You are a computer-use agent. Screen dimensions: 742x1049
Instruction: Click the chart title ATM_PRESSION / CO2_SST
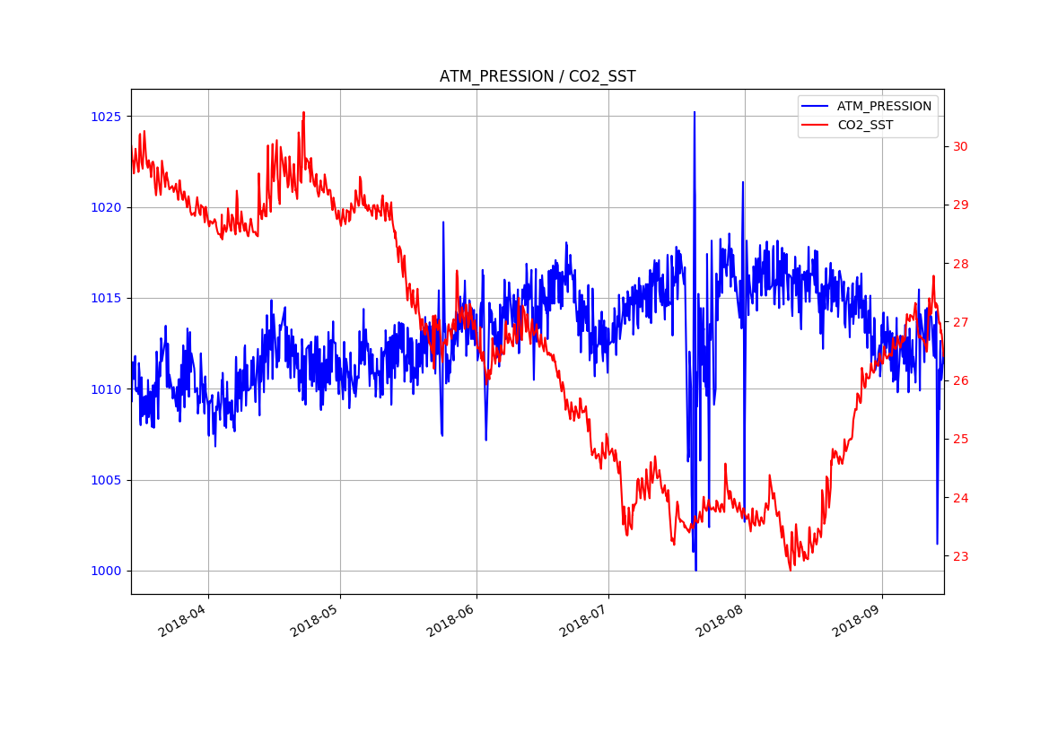[538, 77]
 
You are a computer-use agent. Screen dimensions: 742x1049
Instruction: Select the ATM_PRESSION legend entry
[884, 106]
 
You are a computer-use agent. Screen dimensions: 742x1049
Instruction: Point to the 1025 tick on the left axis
[105, 117]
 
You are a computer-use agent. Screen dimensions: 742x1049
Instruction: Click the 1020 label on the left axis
[105, 207]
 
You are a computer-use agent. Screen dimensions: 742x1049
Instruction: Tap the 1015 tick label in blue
[105, 298]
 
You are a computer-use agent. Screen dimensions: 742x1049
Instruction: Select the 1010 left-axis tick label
[105, 389]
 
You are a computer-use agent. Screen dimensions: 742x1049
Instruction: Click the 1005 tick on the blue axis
[105, 480]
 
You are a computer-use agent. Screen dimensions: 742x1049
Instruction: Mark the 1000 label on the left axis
[105, 571]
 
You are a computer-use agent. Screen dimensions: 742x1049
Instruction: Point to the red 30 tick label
[960, 146]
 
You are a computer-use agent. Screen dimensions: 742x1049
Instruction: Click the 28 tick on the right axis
[960, 264]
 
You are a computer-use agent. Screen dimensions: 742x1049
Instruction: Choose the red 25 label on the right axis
[960, 439]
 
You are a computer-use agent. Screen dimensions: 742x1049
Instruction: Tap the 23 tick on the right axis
[960, 556]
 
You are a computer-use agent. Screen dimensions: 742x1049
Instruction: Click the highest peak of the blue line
[694, 112]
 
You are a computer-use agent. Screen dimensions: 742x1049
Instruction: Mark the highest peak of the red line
[303, 112]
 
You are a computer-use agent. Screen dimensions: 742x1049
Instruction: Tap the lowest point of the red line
[791, 571]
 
